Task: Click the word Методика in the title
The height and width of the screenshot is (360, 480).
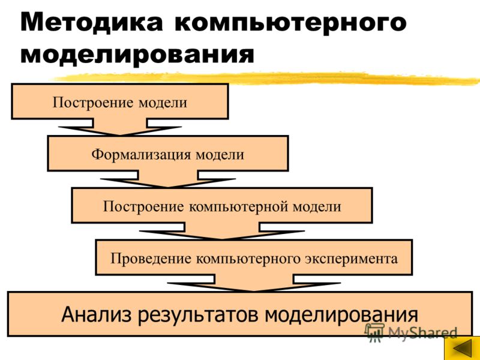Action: (x=91, y=22)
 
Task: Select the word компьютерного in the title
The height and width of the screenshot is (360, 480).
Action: (x=290, y=23)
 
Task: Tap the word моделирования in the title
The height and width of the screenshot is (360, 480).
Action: (x=137, y=55)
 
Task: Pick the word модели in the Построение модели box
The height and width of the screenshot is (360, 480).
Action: (x=163, y=103)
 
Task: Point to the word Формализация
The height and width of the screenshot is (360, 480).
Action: (x=141, y=154)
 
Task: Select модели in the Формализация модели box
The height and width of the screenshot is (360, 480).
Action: (x=220, y=155)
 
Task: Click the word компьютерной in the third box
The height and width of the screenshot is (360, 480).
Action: (x=238, y=206)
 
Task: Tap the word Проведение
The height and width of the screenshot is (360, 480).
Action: (x=151, y=259)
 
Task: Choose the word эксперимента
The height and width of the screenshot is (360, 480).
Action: (x=351, y=259)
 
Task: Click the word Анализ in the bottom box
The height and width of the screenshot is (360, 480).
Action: (x=96, y=314)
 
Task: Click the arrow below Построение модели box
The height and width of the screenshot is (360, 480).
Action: (x=120, y=127)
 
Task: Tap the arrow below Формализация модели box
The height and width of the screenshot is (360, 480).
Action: (x=168, y=179)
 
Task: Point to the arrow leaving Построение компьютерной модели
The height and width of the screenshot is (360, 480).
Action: (x=222, y=232)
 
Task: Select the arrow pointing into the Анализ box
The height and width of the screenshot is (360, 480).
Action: (x=254, y=283)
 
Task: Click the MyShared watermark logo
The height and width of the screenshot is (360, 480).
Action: (x=411, y=332)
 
